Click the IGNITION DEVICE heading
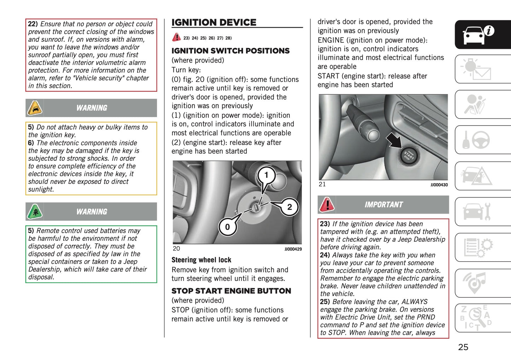214,22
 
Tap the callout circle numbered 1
266,175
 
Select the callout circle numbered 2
289,207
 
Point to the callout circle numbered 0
227,227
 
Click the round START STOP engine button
408,156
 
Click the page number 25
463,347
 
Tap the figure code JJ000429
293,249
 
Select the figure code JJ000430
439,185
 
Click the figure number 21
322,184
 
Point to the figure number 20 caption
176,249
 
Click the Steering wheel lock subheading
201,260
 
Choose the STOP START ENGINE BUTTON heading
231,291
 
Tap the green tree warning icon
35,211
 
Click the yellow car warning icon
35,108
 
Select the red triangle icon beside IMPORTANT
327,204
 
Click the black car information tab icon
478,34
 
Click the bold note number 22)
33,24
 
